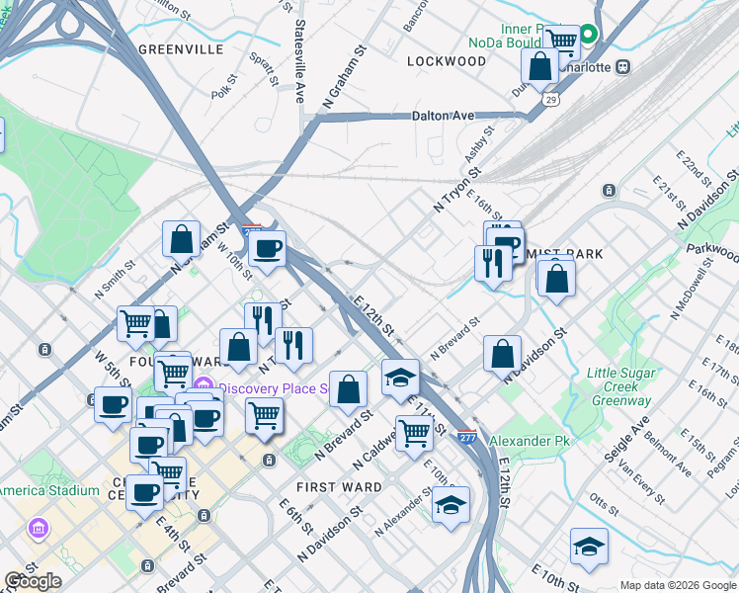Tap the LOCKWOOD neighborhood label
coord(447,61)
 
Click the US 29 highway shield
coord(550,99)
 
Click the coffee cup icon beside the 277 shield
coord(266,248)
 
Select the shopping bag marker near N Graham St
coord(182,239)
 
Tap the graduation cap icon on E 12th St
coord(400,379)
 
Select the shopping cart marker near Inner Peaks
coord(561,42)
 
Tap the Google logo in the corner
coord(33,581)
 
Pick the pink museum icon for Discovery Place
coord(205,385)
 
